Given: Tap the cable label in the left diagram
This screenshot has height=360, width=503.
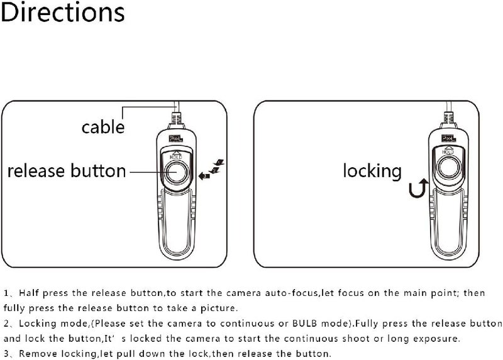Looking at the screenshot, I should [x=103, y=127].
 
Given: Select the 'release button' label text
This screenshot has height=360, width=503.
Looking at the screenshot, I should [x=66, y=170].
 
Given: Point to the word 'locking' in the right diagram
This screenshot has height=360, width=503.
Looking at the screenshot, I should [x=372, y=170].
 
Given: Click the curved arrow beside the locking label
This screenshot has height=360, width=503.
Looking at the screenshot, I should [x=417, y=188].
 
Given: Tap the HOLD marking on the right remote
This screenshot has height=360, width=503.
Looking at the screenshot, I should [x=448, y=152].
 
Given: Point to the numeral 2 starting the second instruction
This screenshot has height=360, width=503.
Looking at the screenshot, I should [x=6, y=324].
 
